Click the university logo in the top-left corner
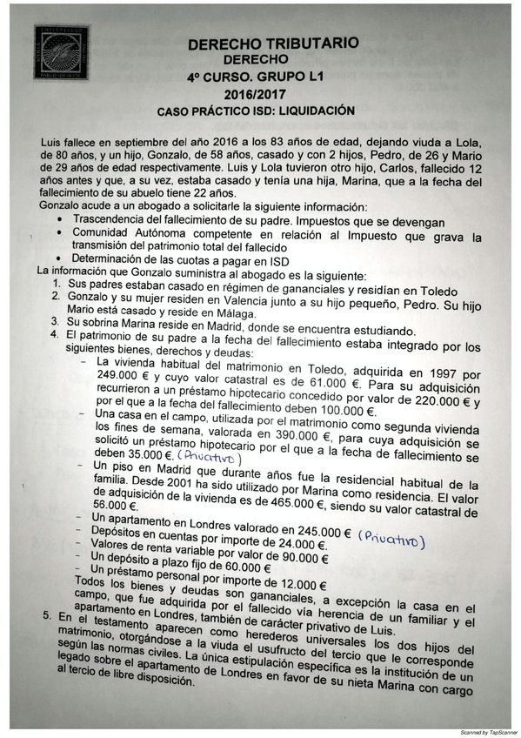(x=60, y=53)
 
